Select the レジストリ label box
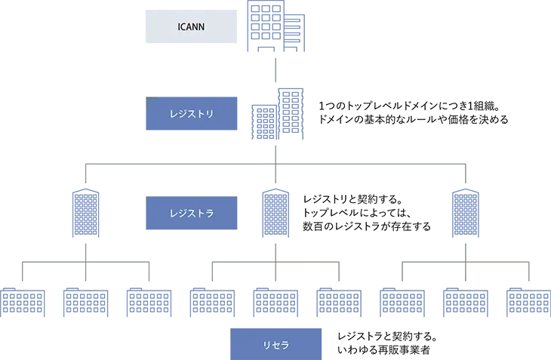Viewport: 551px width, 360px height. pyautogui.click(x=193, y=115)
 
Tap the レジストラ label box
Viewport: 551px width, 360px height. pyautogui.click(x=193, y=213)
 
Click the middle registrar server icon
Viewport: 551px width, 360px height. pyautogui.click(x=275, y=214)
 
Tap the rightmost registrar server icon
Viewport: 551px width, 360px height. pyautogui.click(x=465, y=213)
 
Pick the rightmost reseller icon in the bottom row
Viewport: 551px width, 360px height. pyautogui.click(x=529, y=301)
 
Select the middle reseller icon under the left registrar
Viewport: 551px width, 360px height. pyautogui.click(x=85, y=301)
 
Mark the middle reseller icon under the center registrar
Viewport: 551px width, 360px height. pyautogui.click(x=276, y=301)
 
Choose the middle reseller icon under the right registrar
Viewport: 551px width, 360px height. pyautogui.click(x=465, y=301)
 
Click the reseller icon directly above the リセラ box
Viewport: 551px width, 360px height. pyautogui.click(x=276, y=301)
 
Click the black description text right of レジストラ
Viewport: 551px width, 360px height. pyautogui.click(x=368, y=213)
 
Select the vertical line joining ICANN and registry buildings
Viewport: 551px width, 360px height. pyautogui.click(x=276, y=72)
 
